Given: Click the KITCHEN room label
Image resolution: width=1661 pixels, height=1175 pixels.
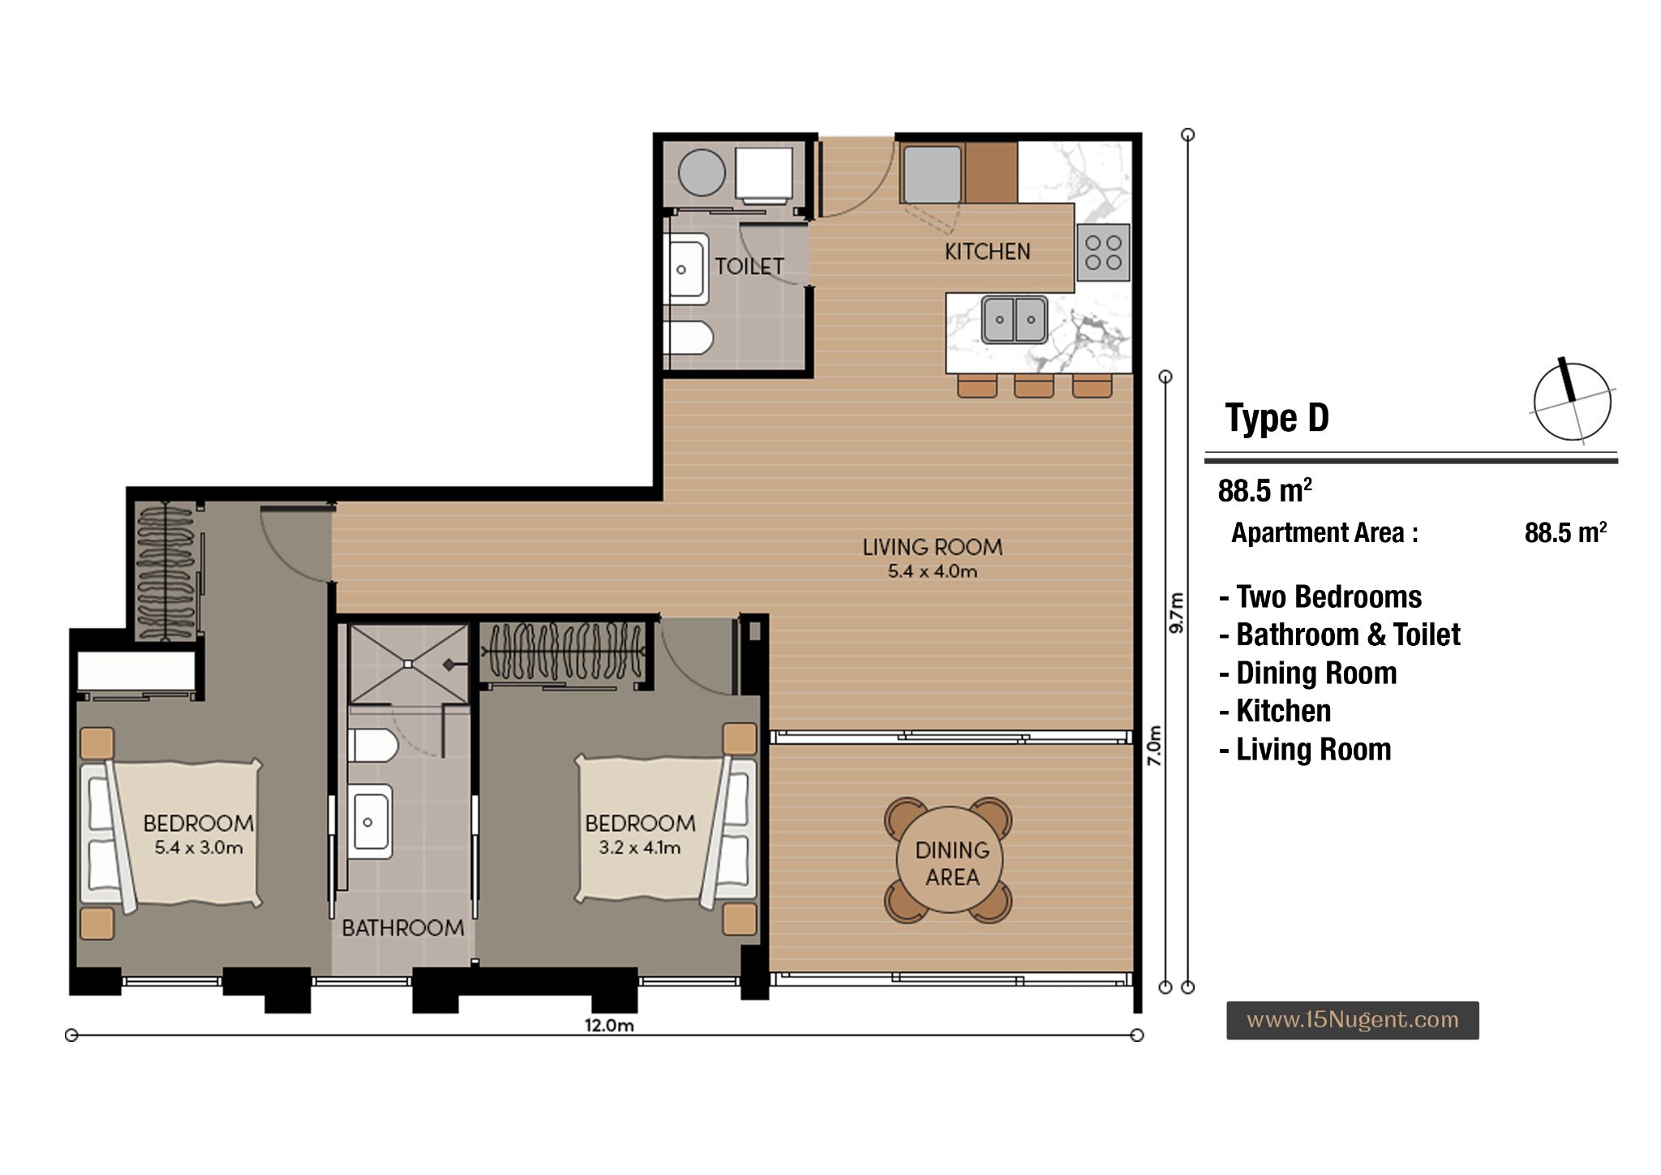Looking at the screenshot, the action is point(987,252).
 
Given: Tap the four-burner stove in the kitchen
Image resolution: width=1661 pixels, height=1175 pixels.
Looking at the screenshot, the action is point(1103,252).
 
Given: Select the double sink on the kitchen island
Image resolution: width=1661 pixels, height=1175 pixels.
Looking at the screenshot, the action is point(1015,319).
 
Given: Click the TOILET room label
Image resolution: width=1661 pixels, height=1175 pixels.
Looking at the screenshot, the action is point(749,266).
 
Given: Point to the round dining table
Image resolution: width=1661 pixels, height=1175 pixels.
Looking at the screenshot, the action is point(949,861).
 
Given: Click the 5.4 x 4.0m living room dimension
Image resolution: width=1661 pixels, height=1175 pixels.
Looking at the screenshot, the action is point(932,571).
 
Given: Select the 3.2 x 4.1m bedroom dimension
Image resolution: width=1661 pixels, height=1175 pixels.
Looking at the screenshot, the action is point(640,848).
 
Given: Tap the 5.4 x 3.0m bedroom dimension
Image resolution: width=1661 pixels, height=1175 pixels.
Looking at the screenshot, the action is point(199,848).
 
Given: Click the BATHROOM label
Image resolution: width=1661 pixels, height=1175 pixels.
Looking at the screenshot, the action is point(402,928).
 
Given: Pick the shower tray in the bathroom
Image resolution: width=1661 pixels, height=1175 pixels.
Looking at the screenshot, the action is point(409,664).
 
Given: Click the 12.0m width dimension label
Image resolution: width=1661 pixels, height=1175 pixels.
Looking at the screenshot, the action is point(609,1026).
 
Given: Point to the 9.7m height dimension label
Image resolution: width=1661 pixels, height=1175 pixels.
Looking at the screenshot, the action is point(1178,613).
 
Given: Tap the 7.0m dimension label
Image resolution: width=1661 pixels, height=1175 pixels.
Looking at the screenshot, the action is point(1155,746).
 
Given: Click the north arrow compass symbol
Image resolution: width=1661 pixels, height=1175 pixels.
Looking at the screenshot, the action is point(1571,401).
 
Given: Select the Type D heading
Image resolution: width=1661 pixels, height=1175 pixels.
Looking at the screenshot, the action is point(1277,419).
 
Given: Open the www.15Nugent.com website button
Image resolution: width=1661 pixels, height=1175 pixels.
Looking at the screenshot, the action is point(1352,1020).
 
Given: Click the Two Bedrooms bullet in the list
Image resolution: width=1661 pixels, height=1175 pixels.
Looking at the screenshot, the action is point(1320,597).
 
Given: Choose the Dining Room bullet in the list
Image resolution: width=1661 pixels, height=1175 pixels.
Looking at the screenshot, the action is point(1308,674).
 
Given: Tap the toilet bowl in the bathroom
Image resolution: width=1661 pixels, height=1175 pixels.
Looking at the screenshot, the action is point(372,745).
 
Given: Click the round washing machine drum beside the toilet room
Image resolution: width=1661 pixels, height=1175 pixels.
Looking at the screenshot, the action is point(702,172).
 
